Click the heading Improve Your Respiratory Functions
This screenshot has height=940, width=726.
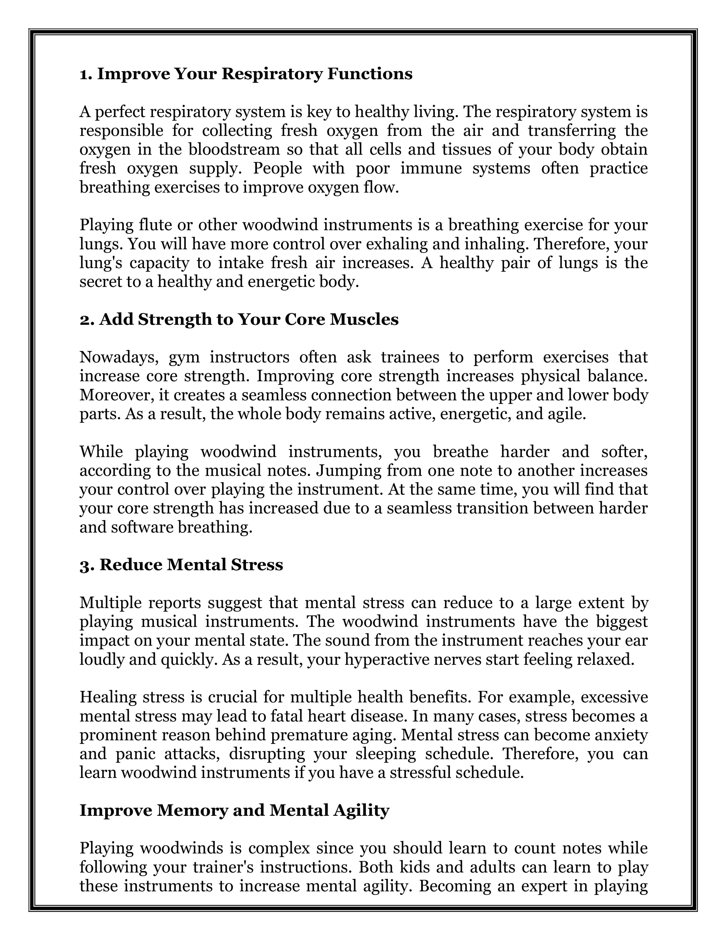click(246, 74)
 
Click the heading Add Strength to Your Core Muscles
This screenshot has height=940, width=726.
click(239, 319)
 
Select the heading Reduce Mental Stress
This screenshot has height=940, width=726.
click(181, 565)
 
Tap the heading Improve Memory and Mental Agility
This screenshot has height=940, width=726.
click(234, 810)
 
